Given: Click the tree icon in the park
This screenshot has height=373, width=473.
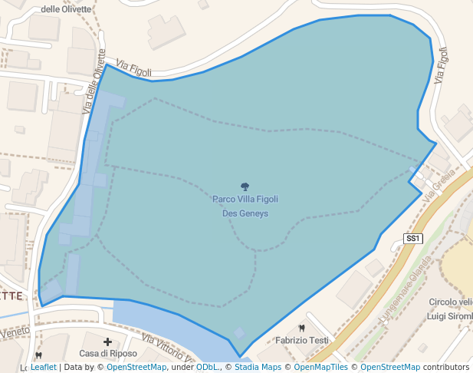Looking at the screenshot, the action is tap(245, 186).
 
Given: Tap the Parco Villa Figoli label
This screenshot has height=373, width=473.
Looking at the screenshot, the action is tap(245, 200).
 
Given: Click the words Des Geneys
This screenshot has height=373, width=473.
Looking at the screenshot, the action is tap(245, 213).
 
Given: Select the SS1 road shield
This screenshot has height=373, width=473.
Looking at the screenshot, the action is tap(413, 239).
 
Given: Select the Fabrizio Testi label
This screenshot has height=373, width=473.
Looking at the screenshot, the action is tap(302, 340).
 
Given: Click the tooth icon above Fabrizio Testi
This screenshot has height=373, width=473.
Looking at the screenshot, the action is tap(301, 328).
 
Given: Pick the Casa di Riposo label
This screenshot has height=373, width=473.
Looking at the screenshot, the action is tap(108, 354).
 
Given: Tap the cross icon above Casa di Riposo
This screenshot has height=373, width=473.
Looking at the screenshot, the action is tap(108, 342).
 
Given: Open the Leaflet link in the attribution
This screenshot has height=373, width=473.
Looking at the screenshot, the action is tap(44, 368).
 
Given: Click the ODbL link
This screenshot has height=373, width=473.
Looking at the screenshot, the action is tap(206, 368).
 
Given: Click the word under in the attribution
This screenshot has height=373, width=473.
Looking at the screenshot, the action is tap(182, 368).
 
